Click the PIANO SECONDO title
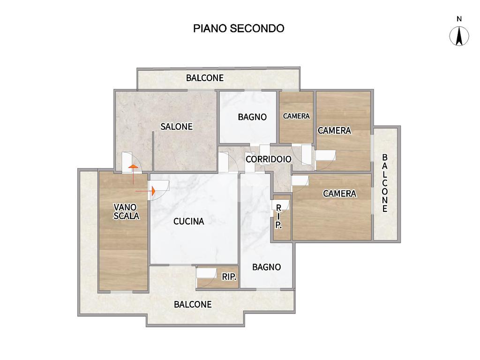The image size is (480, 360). click(239, 29)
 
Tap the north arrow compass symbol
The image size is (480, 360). click(459, 36)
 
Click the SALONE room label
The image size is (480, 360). click(177, 127)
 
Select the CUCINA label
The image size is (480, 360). click(188, 221)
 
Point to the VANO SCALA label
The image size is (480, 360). click(126, 211)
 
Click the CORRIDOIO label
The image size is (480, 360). click(269, 159)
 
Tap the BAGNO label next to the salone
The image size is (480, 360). click(252, 117)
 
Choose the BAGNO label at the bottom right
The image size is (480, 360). click(267, 267)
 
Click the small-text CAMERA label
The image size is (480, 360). click(296, 116)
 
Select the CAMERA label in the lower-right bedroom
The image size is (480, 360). click(339, 194)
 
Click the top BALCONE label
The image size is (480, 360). click(205, 78)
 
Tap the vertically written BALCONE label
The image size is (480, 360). click(385, 183)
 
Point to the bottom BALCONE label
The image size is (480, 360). click(193, 304)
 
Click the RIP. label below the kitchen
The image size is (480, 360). click(229, 277)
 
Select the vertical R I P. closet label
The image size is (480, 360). click(278, 217)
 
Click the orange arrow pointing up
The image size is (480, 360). click(133, 174)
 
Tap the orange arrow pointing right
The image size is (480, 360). click(145, 191)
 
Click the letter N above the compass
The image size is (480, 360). click(459, 19)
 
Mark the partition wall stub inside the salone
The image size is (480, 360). click(153, 151)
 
